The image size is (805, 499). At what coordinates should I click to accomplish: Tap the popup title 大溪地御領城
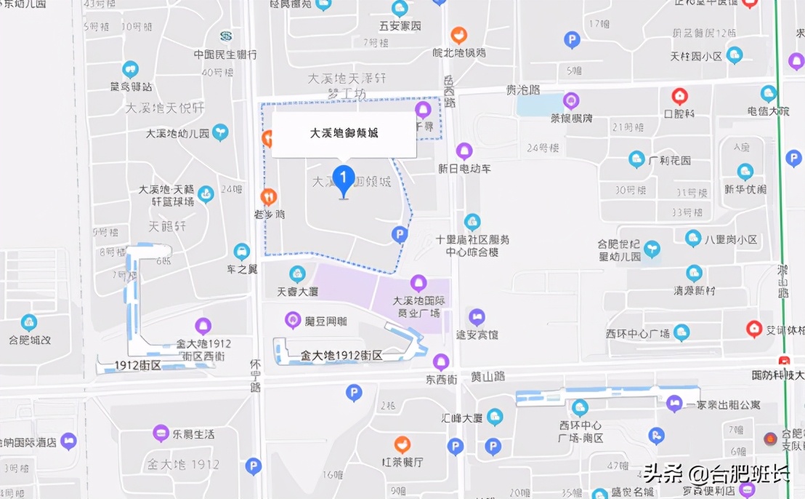344,133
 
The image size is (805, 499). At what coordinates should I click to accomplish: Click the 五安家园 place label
400,26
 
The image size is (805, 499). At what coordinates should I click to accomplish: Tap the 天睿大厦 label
298,292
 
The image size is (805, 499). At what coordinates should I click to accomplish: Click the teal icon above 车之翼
242,252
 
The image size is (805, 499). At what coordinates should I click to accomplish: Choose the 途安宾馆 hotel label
477,335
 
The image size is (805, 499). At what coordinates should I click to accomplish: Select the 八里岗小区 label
732,239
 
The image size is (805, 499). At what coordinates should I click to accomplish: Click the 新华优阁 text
745,189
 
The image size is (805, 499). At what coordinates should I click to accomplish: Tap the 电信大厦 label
768,111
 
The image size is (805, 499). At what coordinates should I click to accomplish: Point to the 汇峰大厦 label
462,418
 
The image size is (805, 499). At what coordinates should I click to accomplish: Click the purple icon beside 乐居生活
161,434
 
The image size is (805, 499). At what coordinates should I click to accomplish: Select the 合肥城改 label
30,339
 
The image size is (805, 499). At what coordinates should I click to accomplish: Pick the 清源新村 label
695,290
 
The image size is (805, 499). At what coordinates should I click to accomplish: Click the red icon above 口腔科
679,95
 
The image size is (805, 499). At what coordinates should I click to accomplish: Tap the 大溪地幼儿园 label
177,134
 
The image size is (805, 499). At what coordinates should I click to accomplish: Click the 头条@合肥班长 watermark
716,475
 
